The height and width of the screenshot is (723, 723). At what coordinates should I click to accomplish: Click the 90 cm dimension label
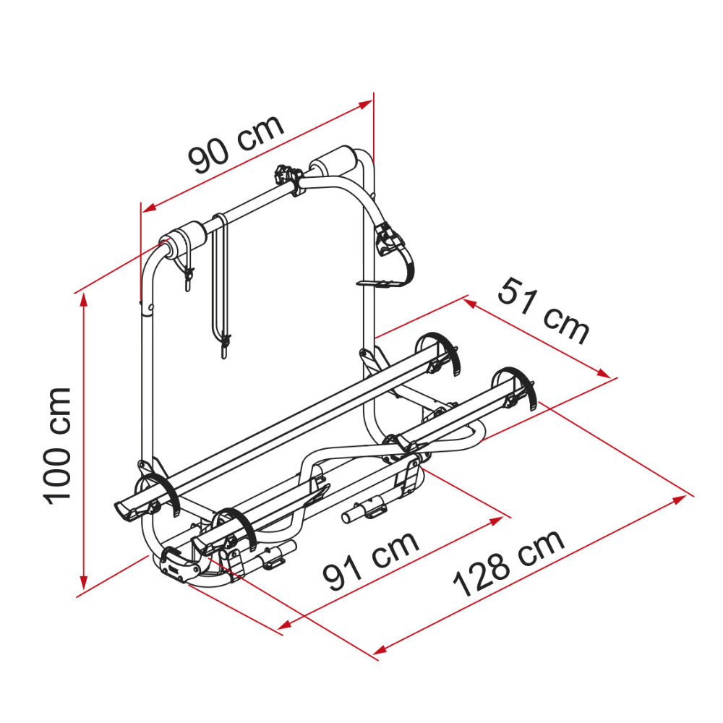[x=236, y=144]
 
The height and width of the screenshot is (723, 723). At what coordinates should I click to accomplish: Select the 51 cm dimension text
[x=543, y=311]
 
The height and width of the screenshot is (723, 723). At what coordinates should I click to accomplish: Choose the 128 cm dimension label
[x=508, y=562]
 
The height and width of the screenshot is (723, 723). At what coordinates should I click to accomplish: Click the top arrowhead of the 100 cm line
[x=83, y=300]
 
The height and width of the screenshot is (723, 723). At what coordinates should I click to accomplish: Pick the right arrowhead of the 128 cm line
[x=680, y=500]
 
